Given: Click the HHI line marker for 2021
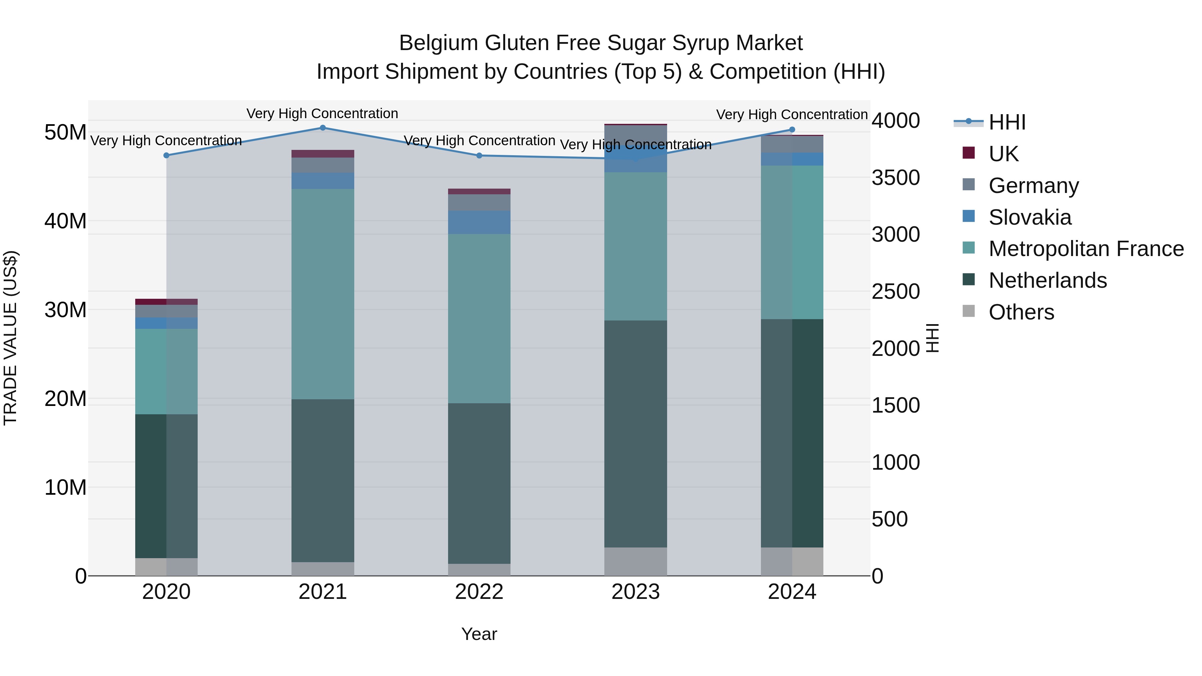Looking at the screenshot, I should (x=323, y=128).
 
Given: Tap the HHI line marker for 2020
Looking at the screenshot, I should (x=166, y=155).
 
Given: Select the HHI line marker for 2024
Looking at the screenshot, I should (x=792, y=130).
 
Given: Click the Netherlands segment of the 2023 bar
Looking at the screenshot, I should (x=635, y=434).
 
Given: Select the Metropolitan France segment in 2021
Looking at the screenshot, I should (x=323, y=294).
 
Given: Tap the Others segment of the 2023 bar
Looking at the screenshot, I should (x=635, y=562).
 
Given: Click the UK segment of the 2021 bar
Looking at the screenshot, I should (x=323, y=154).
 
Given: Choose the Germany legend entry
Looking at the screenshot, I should (x=1033, y=186).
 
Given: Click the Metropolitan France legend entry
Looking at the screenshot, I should (x=1085, y=249).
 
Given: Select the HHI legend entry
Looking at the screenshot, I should (x=1006, y=122).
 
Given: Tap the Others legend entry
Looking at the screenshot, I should (x=1021, y=312).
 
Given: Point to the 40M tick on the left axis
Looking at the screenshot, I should (x=65, y=221).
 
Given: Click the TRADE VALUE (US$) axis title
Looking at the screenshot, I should (x=11, y=338).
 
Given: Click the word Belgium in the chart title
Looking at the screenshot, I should (x=438, y=43).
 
